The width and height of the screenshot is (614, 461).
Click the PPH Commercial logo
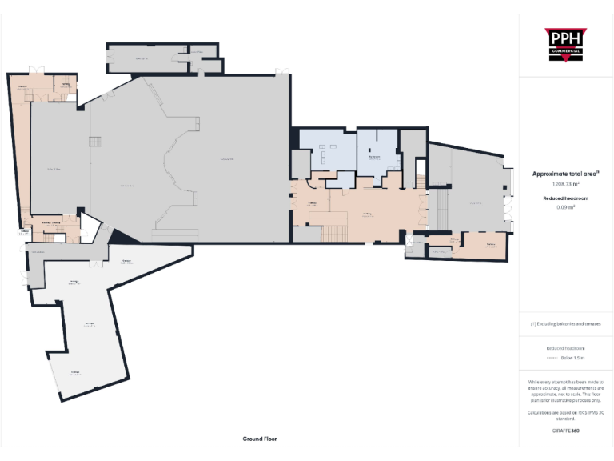(565, 45)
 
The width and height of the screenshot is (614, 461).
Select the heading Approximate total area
(564, 173)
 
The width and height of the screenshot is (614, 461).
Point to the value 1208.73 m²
(565, 183)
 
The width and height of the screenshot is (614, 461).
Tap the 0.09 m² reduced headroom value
(565, 206)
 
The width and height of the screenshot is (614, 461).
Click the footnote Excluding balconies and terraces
(565, 324)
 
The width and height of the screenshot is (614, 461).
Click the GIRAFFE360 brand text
(565, 431)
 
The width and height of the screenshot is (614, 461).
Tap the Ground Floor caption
(260, 439)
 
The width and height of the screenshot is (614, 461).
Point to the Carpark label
(127, 263)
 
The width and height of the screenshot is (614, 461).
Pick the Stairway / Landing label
(51, 223)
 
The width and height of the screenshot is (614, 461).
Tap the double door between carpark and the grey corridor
(95, 263)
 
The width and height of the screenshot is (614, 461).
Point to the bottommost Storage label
(74, 373)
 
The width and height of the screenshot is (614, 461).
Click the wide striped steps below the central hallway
(333, 234)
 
